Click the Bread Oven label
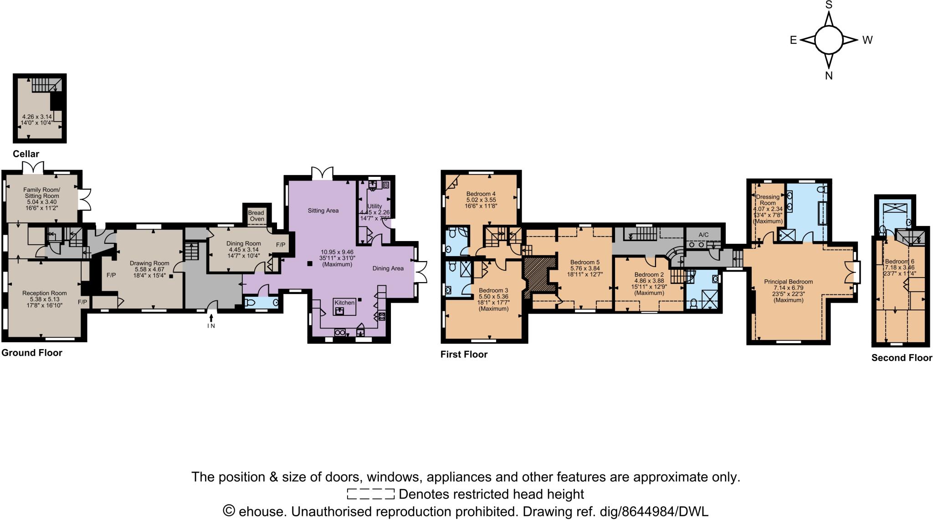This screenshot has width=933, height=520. point(256,216)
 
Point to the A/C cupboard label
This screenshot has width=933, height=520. point(703,235)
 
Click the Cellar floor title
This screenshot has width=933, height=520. point(26,154)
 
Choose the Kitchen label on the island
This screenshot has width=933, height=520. point(344,303)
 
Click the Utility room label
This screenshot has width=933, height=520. point(374,206)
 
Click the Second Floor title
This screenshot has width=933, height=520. point(902,358)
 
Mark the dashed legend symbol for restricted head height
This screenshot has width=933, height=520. point(370,494)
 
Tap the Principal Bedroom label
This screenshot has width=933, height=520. point(788,282)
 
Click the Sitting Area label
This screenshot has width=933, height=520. point(323,211)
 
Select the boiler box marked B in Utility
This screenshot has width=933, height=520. point(386,185)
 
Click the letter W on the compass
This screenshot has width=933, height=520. point(867,40)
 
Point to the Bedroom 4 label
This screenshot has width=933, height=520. point(481,194)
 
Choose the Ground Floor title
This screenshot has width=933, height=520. point(32,353)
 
